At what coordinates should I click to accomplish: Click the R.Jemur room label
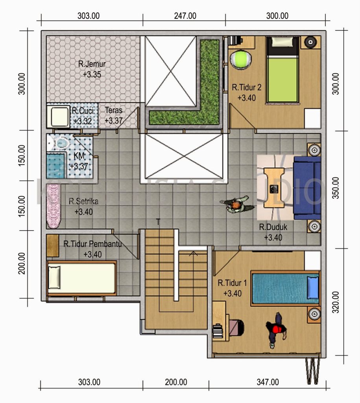click(x=92, y=64)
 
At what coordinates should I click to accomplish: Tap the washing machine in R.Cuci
click(x=59, y=116)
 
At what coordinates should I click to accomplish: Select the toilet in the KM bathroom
click(x=61, y=142)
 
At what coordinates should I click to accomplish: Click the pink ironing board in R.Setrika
click(x=53, y=206)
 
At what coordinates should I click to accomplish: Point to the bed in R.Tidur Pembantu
click(x=81, y=278)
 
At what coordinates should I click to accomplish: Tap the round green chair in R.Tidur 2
click(x=240, y=60)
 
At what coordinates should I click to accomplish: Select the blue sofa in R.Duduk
click(x=307, y=188)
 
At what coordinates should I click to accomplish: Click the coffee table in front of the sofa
click(x=274, y=187)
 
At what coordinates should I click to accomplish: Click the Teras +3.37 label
click(x=114, y=116)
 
